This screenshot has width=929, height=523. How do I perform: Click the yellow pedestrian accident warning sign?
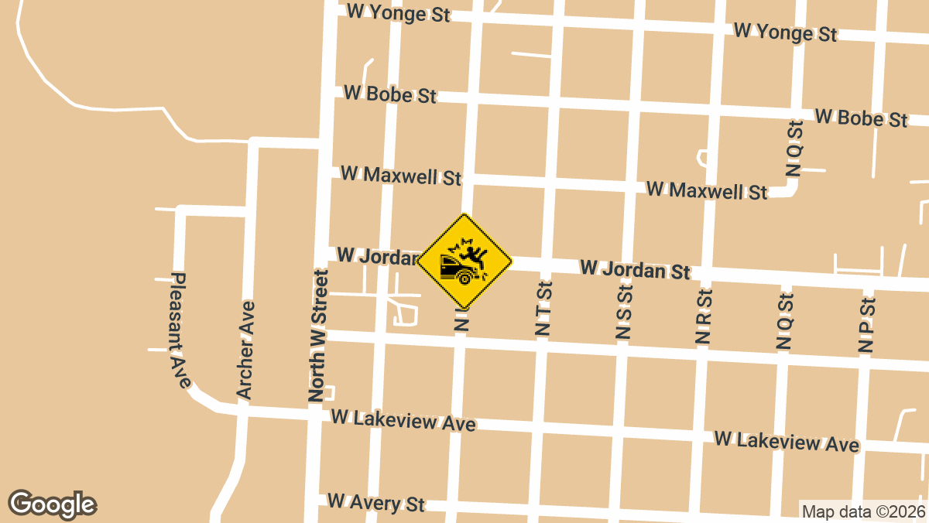point(464,261)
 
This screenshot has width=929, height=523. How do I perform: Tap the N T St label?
point(543,309)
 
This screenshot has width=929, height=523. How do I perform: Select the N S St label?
point(624,313)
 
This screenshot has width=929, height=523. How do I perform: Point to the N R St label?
point(704,316)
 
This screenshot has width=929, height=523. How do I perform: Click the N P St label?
point(866,323)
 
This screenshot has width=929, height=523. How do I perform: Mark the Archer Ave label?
point(245,350)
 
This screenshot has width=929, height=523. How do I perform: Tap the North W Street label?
point(317,335)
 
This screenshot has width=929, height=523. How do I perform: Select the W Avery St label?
point(376,502)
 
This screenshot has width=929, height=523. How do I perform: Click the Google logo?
point(53,504)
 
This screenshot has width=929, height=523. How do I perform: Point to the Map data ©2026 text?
point(863,511)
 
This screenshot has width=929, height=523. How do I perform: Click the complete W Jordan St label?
point(635,270)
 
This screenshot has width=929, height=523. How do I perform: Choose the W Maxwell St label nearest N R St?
point(706,190)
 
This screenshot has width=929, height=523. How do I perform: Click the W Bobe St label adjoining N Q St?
point(861,118)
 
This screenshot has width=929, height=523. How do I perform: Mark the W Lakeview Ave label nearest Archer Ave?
point(403,421)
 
